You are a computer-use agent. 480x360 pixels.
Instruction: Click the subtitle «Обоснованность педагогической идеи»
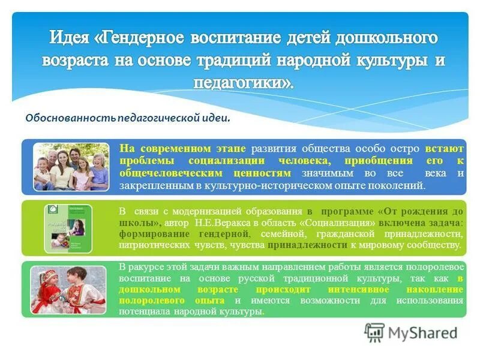click(127, 118)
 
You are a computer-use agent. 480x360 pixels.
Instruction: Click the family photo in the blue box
click(71, 166)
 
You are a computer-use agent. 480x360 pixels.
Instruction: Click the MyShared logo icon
click(374, 332)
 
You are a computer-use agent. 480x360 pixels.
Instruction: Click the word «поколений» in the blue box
click(398, 186)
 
